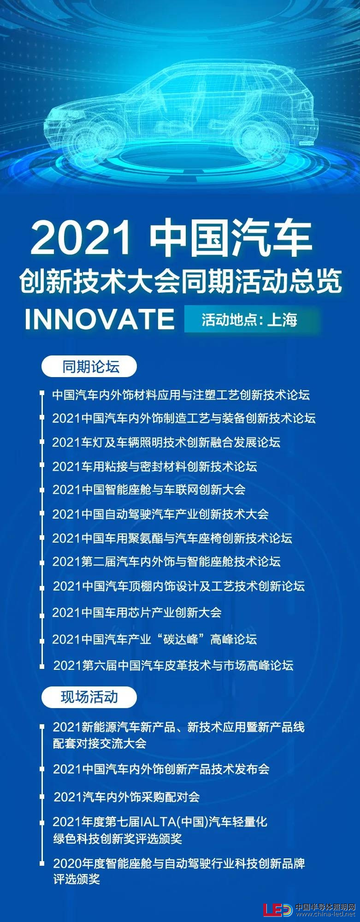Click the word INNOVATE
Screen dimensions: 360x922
coord(100,319)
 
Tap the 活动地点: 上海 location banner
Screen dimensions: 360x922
coord(252,319)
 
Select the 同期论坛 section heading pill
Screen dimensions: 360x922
coord(89,367)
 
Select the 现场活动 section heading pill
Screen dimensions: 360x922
coord(89,697)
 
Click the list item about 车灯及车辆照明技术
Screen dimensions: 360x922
coord(166,443)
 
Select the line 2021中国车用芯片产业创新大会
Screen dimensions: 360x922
coord(137,613)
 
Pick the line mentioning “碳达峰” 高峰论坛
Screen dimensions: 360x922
coord(154,639)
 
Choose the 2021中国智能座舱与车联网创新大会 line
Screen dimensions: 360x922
coord(149,490)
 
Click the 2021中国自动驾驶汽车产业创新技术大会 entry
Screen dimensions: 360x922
coord(160,514)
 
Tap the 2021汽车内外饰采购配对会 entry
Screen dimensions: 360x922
coord(127,797)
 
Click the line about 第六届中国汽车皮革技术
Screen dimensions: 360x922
coord(173,665)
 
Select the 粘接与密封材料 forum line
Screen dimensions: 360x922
coord(154,467)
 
